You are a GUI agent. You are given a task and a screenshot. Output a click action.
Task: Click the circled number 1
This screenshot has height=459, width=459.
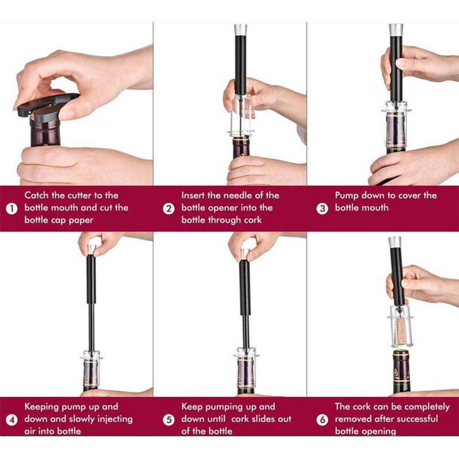click(11, 209)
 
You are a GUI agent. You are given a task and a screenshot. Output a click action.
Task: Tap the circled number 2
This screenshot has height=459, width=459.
click(169, 209)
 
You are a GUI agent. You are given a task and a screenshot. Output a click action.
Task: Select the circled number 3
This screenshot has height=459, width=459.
click(322, 209)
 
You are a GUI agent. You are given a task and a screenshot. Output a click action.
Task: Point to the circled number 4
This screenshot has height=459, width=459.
click(11, 420)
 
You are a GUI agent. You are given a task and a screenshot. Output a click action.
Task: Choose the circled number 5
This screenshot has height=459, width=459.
click(169, 420)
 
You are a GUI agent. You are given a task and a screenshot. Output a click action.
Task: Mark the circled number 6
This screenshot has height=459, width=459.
click(322, 420)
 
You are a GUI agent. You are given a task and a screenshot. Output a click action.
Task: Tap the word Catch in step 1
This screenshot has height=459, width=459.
click(37, 195)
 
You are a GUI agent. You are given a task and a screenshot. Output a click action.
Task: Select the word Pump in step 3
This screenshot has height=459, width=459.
click(347, 196)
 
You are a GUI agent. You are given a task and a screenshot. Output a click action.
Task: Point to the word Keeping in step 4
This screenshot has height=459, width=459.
click(42, 407)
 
